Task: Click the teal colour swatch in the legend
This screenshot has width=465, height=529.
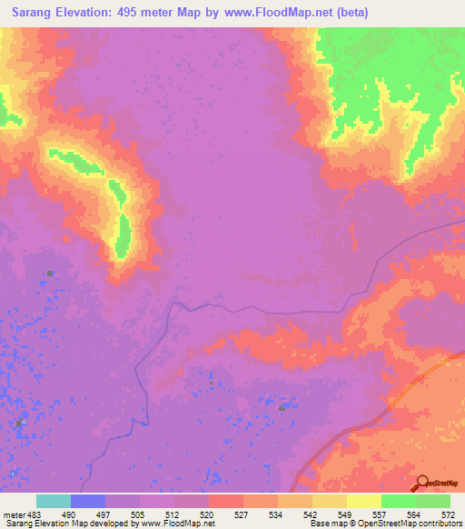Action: tap(54, 501)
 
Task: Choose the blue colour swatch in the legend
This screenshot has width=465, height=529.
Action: tap(88, 501)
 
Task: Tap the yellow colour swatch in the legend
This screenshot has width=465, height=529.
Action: tap(364, 501)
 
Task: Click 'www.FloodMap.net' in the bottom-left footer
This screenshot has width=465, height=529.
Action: tap(186, 524)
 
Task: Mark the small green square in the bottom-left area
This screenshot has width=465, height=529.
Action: tap(19, 423)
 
